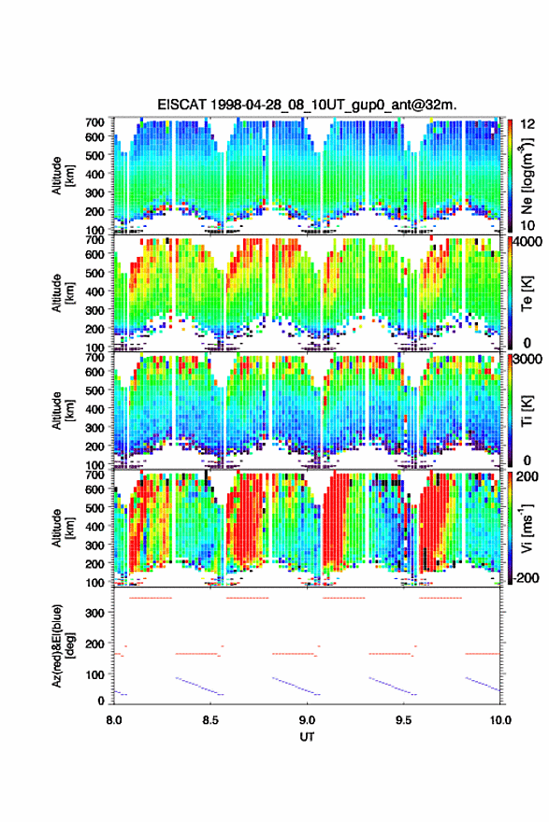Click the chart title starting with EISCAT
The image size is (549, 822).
coord(307,105)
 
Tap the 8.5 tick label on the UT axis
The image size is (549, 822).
coord(209,720)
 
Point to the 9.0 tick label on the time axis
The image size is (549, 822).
coord(307,720)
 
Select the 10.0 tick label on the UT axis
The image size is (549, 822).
coord(500,720)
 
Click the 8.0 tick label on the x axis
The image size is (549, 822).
coord(113,720)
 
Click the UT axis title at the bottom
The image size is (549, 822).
coord(307,737)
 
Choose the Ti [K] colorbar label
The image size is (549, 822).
coord(527,411)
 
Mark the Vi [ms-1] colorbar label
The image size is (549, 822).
coord(527,528)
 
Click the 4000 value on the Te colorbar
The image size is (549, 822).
coord(527,243)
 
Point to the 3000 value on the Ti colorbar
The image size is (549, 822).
coord(527,359)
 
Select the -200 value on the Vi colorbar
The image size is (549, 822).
coord(525,577)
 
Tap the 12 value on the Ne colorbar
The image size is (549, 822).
coord(527,123)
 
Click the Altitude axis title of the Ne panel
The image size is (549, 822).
coord(64,176)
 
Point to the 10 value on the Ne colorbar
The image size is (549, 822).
coord(527,225)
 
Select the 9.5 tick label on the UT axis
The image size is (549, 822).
coord(404,720)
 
